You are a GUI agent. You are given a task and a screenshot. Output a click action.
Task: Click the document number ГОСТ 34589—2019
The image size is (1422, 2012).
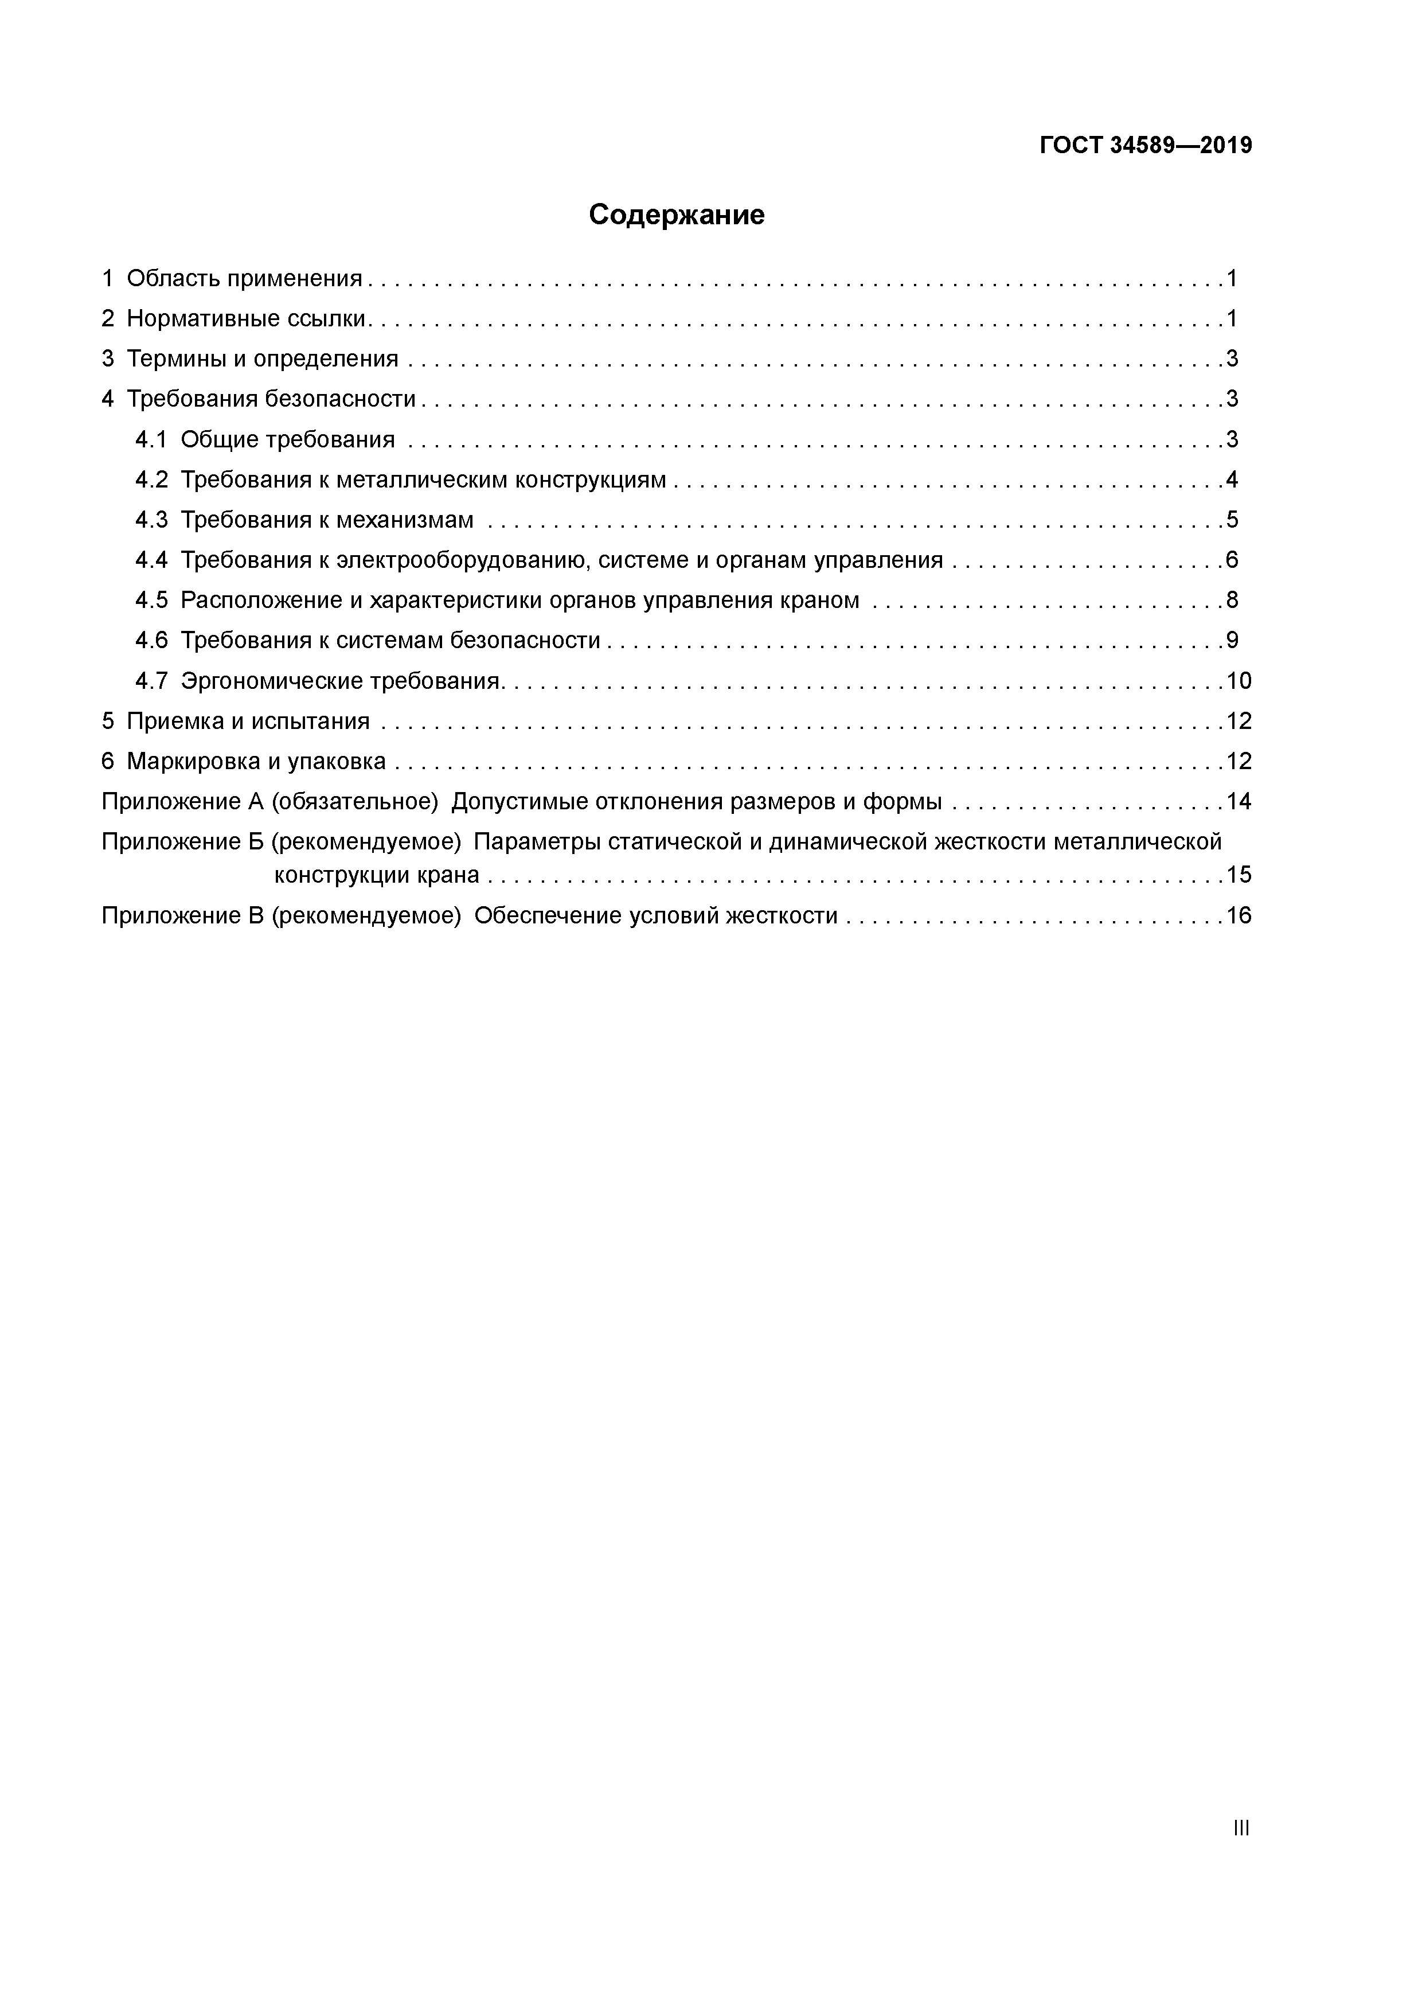click(x=1146, y=146)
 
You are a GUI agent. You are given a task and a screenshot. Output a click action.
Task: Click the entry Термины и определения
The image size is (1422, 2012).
click(x=262, y=359)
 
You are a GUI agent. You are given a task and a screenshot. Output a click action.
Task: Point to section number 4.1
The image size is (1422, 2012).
click(x=151, y=440)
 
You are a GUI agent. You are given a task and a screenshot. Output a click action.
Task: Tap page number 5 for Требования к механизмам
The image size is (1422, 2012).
click(x=1232, y=521)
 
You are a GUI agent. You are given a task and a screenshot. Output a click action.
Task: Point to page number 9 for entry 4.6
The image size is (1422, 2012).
click(x=1232, y=641)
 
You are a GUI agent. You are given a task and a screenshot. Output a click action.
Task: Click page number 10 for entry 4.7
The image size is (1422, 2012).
click(x=1239, y=682)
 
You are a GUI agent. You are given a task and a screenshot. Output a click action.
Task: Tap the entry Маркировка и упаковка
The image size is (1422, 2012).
click(x=256, y=762)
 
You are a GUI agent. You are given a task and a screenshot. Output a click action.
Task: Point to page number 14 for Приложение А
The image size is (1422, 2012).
click(x=1239, y=803)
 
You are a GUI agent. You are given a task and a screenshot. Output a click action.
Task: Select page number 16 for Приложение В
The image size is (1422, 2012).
click(x=1239, y=917)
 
